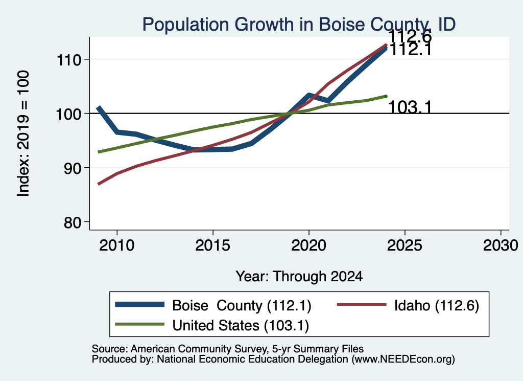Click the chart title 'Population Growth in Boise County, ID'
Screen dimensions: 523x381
pyautogui.click(x=299, y=25)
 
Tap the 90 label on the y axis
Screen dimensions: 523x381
pyautogui.click(x=73, y=168)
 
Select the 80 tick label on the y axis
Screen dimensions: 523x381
pyautogui.click(x=73, y=222)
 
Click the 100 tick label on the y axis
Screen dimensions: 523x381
pyautogui.click(x=69, y=114)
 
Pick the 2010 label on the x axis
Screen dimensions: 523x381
pyautogui.click(x=117, y=246)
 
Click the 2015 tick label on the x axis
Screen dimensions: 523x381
pyautogui.click(x=213, y=246)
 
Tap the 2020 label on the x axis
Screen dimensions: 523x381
pyautogui.click(x=309, y=246)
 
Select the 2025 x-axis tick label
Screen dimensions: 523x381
pyautogui.click(x=405, y=246)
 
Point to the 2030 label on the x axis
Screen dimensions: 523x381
pyautogui.click(x=501, y=246)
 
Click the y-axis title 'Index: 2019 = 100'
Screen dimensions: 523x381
pyautogui.click(x=23, y=133)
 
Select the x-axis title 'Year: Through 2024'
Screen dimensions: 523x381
pyautogui.click(x=299, y=277)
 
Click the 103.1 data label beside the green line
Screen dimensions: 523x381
pyautogui.click(x=410, y=107)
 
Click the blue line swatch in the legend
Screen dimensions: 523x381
pyautogui.click(x=140, y=304)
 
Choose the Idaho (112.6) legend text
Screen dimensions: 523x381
pyautogui.click(x=437, y=305)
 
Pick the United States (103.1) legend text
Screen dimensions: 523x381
pyautogui.click(x=241, y=326)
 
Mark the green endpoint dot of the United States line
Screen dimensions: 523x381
pyautogui.click(x=386, y=96)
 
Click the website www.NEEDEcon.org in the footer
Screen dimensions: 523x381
pyautogui.click(x=402, y=360)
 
